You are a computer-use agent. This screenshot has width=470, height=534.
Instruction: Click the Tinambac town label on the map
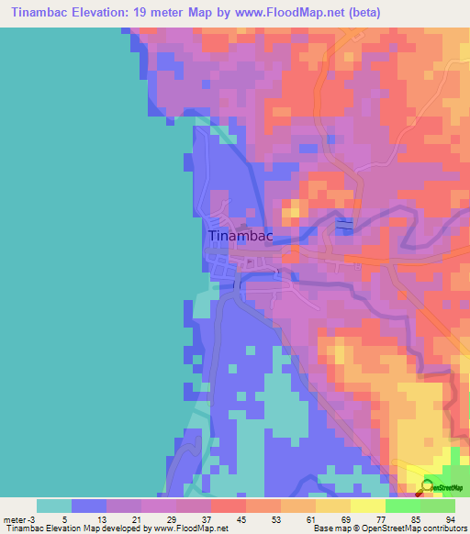(x=241, y=236)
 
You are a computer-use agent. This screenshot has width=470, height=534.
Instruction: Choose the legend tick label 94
(x=449, y=518)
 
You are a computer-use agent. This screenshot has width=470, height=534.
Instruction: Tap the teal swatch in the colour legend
(x=54, y=506)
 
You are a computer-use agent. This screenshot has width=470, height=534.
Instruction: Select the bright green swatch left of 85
(x=403, y=506)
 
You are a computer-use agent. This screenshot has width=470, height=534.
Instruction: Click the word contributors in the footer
(x=443, y=528)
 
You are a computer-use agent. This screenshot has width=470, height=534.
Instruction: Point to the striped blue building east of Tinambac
(x=344, y=226)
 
